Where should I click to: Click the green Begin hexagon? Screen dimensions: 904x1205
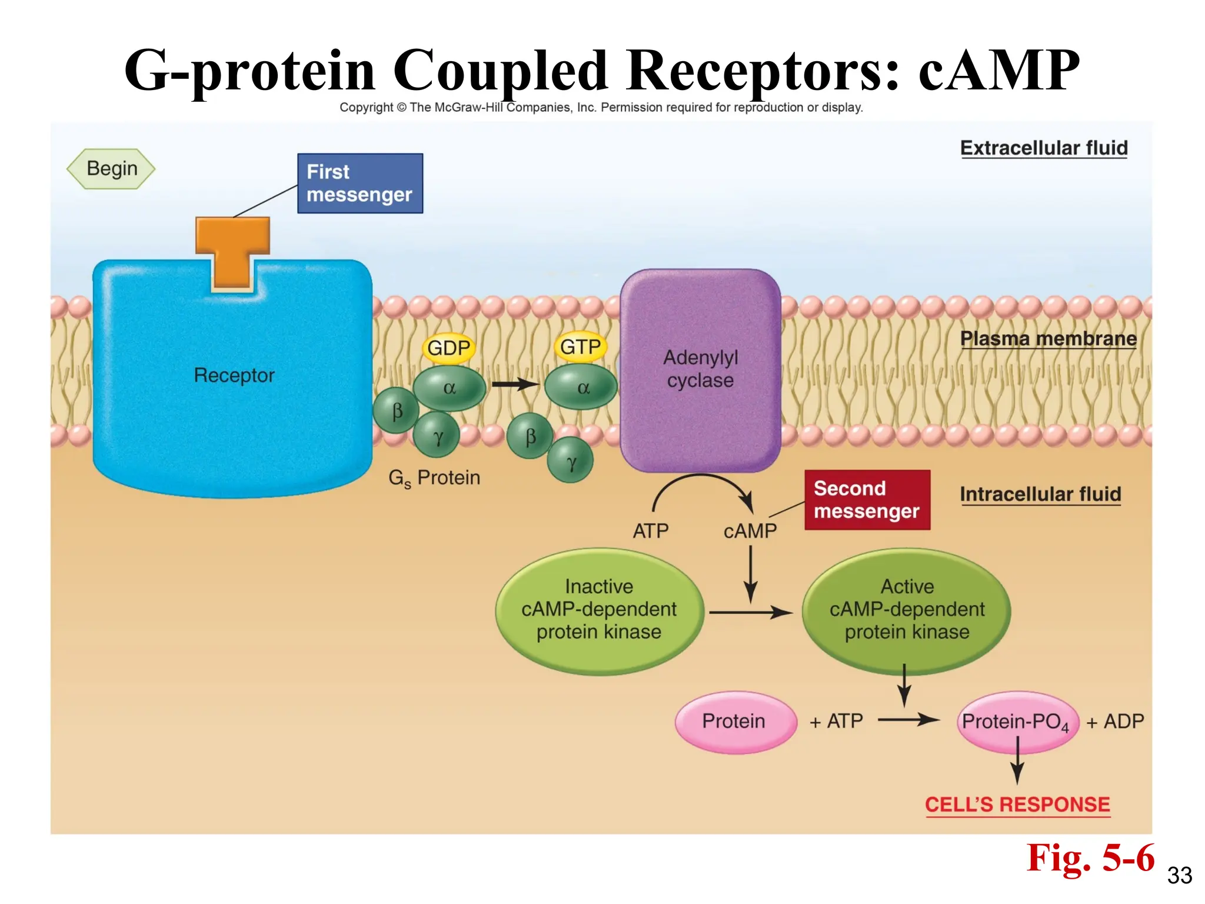coord(111,169)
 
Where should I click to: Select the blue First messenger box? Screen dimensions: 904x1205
coord(359,183)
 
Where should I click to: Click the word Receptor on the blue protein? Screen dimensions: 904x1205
coord(234,375)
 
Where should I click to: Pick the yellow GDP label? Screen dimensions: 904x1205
coord(448,348)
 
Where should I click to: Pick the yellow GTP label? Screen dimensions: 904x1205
coord(580,347)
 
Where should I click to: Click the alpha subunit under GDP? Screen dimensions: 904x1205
coord(450,388)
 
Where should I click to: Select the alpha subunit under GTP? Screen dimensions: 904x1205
coord(581,387)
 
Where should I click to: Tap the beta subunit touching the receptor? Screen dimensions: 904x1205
coord(397,411)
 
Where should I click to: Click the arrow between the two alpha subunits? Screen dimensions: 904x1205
coord(515,385)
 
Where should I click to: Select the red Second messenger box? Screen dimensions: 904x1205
coord(867,500)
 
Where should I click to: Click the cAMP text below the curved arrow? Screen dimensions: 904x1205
coord(750,531)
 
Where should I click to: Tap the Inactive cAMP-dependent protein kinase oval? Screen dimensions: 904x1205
coord(599,610)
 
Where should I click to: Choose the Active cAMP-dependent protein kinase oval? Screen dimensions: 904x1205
coord(906,610)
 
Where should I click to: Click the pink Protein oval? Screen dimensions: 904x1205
coord(734,722)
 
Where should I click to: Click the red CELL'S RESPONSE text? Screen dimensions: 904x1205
coord(1017,805)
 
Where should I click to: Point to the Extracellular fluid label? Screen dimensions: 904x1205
coord(1044,148)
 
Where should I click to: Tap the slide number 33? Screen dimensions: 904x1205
coord(1179,875)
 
